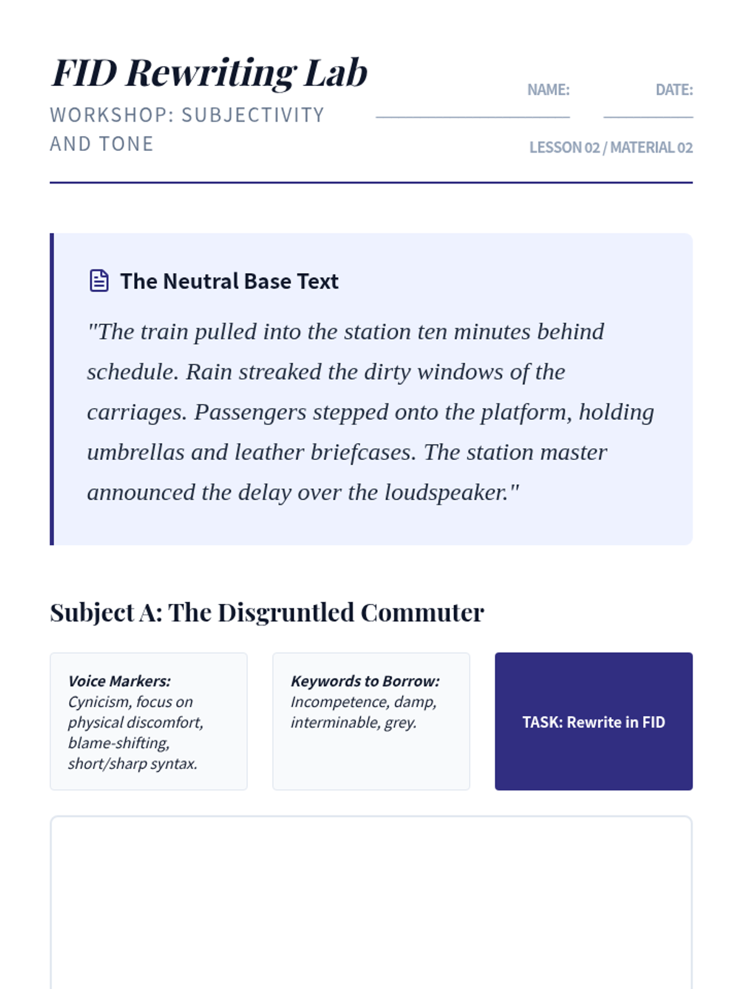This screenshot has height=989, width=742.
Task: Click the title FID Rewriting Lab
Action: tap(210, 73)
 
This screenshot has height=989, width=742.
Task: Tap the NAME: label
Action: tap(548, 90)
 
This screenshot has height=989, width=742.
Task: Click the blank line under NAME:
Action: tap(472, 116)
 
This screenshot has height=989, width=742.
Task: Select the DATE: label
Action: tap(674, 90)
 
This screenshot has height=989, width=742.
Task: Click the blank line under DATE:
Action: tap(648, 116)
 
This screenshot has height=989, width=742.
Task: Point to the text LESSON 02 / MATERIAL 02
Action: tap(610, 148)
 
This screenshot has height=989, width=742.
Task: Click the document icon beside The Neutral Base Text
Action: tap(99, 281)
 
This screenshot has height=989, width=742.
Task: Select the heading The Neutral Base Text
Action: tap(229, 281)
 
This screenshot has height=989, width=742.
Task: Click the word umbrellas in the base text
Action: tap(135, 452)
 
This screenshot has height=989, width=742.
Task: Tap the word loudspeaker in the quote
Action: tap(445, 493)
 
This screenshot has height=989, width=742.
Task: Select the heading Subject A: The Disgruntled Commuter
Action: tap(267, 613)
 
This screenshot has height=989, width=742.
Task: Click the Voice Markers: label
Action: tap(119, 681)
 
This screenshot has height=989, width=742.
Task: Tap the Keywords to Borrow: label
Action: tap(365, 681)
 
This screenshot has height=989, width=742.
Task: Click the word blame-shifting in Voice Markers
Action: tap(118, 743)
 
